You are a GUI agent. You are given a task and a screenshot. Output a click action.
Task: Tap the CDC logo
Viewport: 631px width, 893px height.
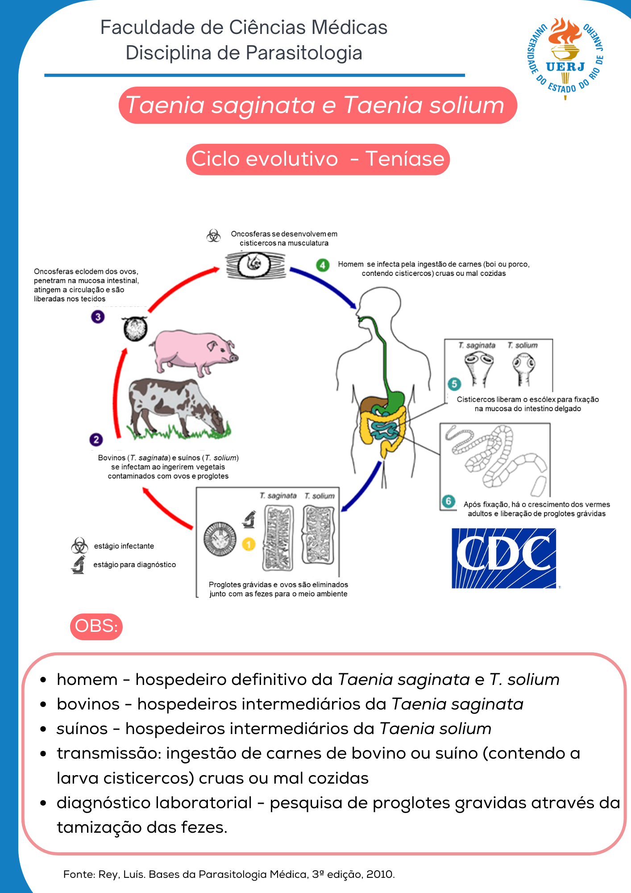pos(504,558)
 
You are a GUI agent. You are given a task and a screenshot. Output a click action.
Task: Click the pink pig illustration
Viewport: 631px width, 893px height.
pos(193,352)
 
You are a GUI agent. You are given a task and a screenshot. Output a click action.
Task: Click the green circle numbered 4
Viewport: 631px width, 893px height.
pos(323,265)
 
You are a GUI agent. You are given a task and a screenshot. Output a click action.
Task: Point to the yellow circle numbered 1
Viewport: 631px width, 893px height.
pos(249,544)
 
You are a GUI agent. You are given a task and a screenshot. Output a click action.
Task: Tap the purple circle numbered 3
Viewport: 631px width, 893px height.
pos(98,317)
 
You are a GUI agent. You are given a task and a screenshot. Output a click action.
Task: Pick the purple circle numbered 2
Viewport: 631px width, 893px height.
pos(96,440)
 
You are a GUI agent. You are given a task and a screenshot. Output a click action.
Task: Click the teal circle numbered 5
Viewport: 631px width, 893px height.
pos(454,384)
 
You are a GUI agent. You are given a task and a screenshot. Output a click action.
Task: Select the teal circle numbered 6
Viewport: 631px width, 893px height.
pos(448,501)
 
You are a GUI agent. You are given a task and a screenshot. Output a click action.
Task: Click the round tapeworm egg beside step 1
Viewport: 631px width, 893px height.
pos(220,539)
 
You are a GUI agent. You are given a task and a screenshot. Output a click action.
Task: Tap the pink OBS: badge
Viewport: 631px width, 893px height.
pos(96,626)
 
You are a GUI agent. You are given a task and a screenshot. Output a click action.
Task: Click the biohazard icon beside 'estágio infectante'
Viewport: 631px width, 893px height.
pos(79,546)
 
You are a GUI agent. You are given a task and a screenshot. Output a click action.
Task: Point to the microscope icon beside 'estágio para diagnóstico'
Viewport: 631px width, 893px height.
pos(79,565)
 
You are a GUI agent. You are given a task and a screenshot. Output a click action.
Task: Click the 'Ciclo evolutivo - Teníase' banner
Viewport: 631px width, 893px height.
pos(318,159)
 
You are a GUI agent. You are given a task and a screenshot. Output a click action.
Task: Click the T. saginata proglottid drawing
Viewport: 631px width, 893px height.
pos(279,538)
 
